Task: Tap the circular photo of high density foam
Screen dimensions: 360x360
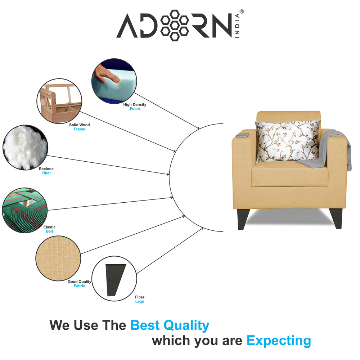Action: point(114,81)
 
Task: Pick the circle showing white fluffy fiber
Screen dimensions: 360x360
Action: point(25,147)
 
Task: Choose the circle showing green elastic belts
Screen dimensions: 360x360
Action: point(24,210)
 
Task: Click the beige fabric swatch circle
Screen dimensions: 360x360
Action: point(58,258)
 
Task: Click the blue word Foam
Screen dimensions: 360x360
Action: point(135,109)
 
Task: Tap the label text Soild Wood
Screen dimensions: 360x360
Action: point(80,125)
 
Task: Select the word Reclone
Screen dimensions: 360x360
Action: point(46,169)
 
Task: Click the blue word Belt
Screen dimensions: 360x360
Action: point(49,231)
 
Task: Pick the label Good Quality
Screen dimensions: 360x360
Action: point(80,282)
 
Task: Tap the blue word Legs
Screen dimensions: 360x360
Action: point(140,301)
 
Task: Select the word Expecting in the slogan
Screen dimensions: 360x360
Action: point(279,341)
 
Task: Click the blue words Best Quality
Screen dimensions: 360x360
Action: point(170,325)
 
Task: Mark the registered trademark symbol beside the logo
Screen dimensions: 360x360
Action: point(242,12)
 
